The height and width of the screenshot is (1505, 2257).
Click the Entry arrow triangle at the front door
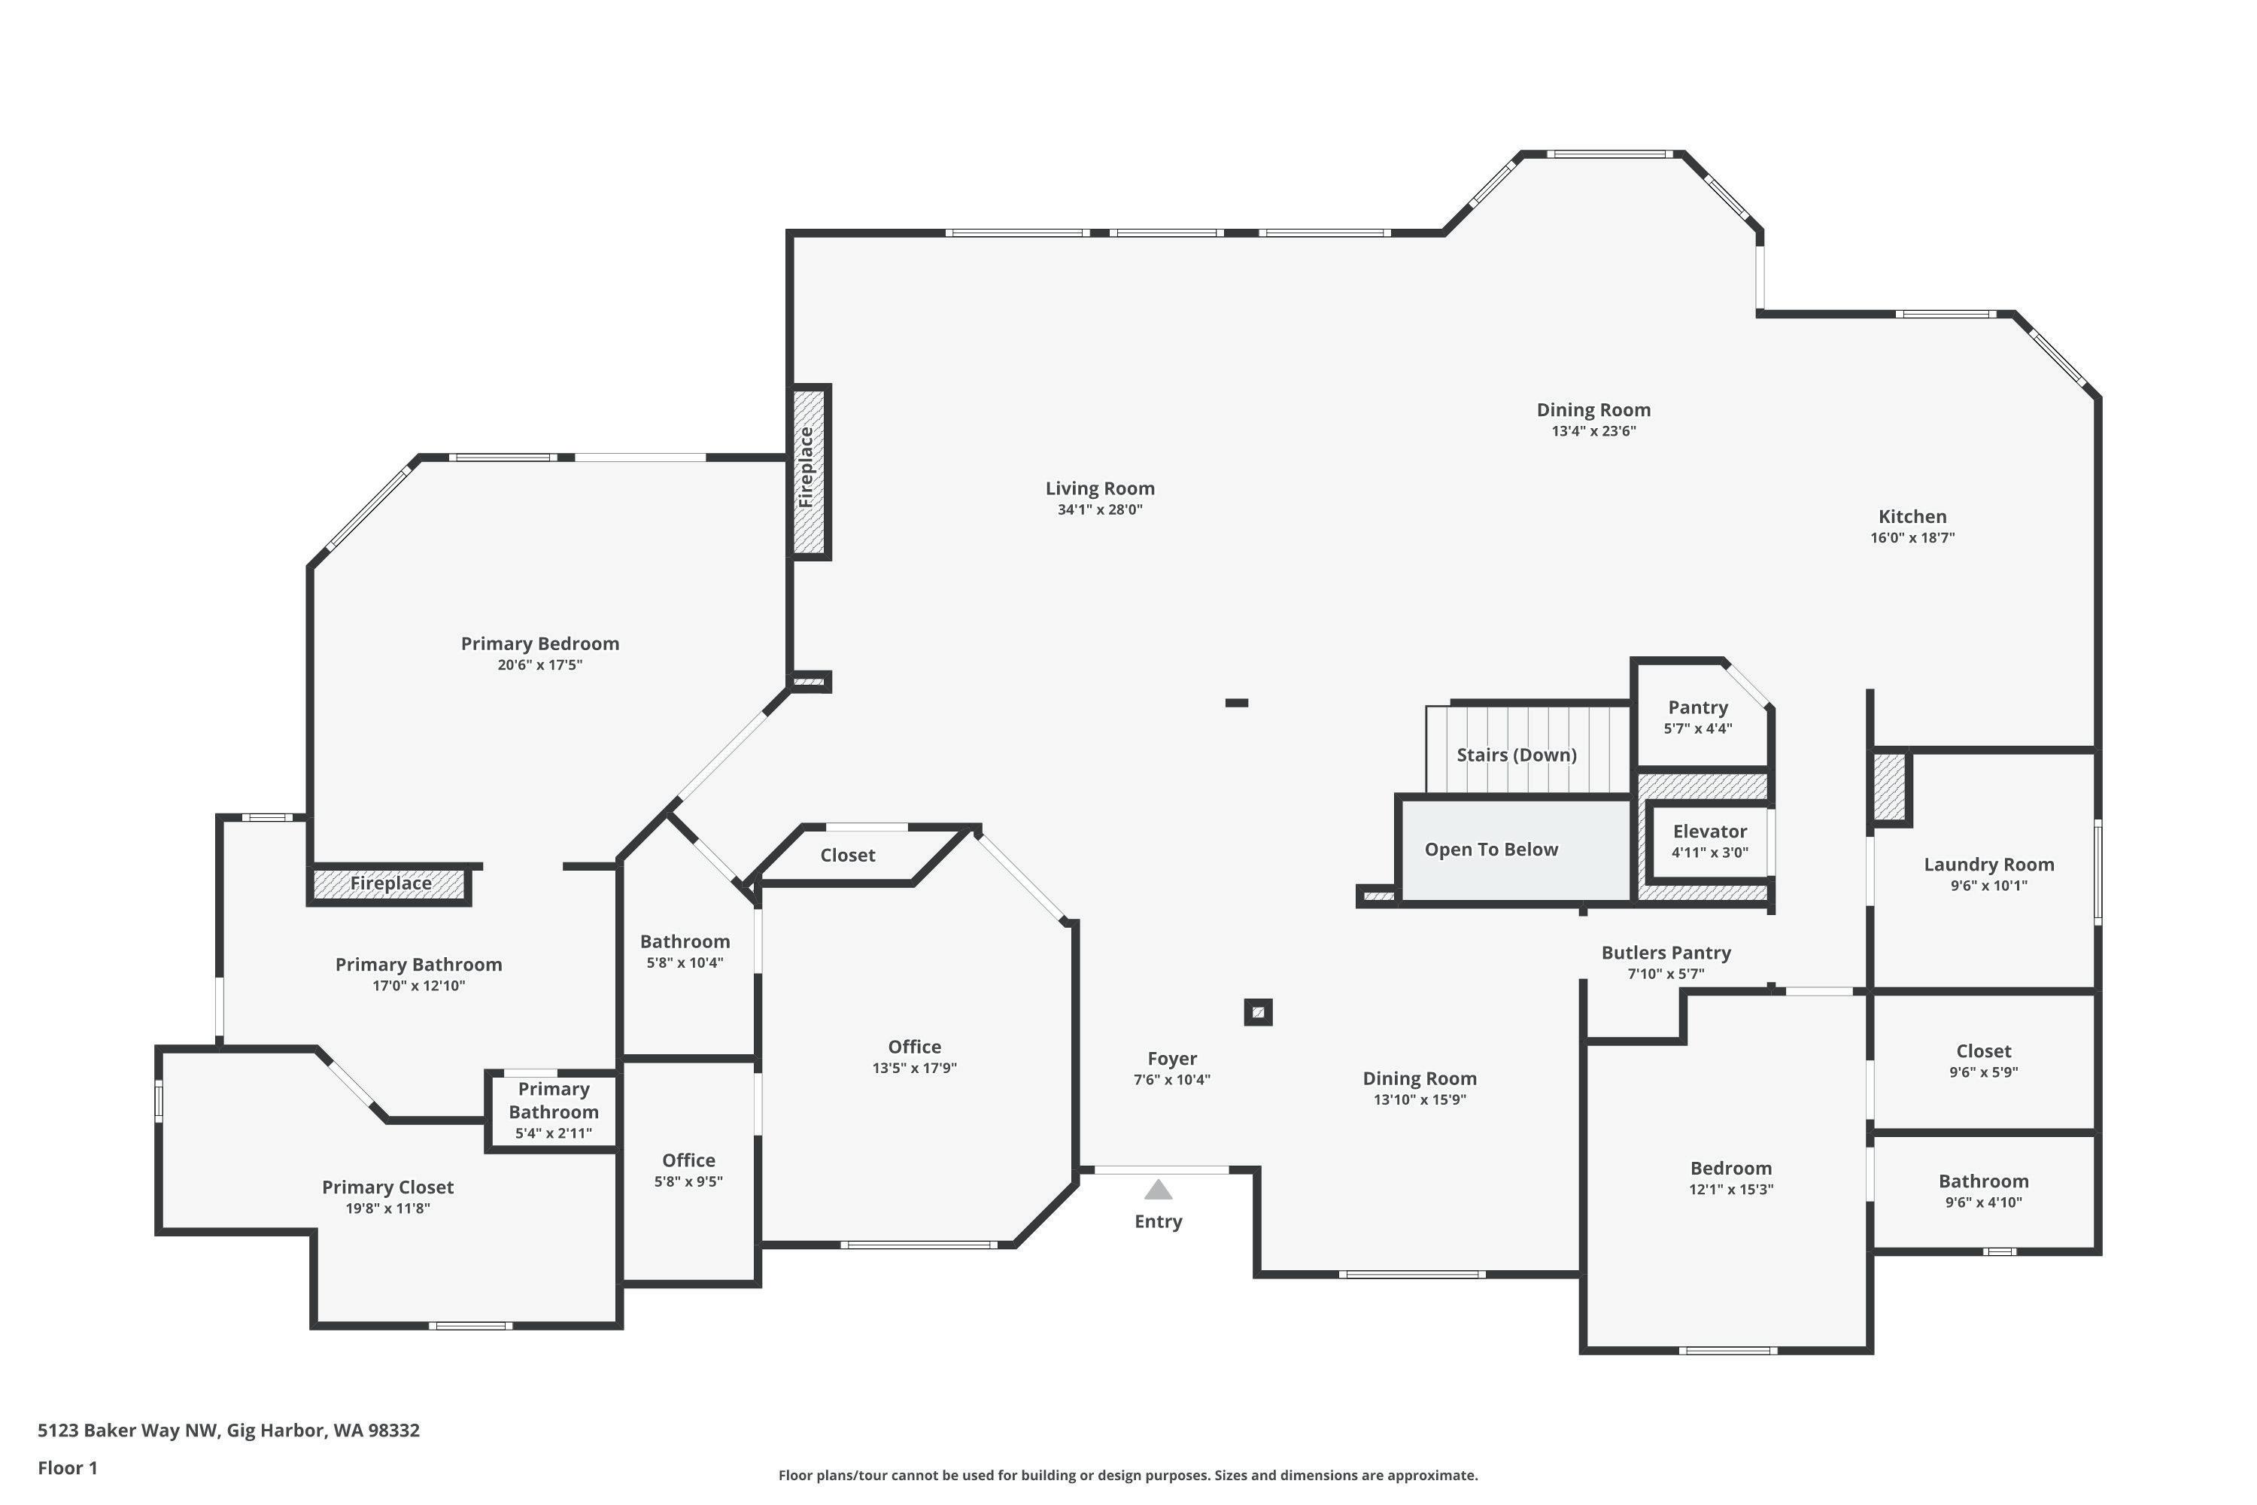[x=1159, y=1190]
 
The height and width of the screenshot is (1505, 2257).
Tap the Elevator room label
[x=1710, y=832]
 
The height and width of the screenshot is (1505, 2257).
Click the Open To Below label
[x=1491, y=850]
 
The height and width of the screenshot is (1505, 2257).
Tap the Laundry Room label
[x=1989, y=865]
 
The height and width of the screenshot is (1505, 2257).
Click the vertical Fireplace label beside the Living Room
[x=806, y=467]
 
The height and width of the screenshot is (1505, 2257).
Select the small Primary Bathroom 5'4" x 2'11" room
[x=554, y=1111]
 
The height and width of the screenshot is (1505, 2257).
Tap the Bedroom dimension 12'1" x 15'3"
[x=1731, y=1189]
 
